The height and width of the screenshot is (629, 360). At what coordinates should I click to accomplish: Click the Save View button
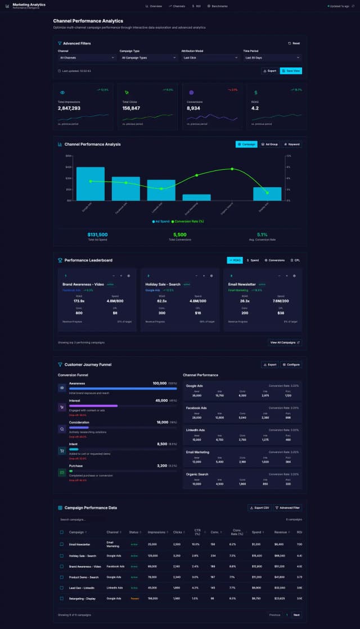point(291,71)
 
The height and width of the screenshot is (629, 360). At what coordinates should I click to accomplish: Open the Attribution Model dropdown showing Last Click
point(210,57)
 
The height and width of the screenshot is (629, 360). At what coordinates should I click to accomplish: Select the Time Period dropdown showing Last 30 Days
point(272,57)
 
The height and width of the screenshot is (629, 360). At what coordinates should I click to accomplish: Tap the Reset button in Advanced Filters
point(294,43)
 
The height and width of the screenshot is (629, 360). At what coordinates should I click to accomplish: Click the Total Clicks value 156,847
point(131,108)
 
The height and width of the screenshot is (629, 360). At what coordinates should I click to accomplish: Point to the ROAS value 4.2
point(255,108)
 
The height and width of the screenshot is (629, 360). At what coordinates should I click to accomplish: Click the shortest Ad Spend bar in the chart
point(196,197)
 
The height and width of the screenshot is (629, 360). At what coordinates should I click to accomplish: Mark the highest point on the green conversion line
point(232,169)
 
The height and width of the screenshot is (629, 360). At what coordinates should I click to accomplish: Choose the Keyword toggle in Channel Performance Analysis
point(291,144)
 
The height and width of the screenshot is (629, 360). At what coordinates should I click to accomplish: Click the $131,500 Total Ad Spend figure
point(97,234)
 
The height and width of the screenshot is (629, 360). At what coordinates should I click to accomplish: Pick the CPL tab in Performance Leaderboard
point(295,260)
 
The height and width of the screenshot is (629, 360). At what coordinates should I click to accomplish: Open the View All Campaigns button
point(285,342)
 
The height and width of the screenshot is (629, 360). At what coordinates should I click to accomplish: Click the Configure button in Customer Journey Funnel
point(291,364)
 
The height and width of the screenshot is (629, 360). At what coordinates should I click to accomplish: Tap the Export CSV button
point(259,508)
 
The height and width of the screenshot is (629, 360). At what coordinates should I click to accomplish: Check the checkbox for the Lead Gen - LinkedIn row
point(62,587)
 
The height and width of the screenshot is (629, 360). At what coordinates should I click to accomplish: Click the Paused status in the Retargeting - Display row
point(135,598)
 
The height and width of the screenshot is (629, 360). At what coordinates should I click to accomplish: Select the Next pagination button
point(296,615)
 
